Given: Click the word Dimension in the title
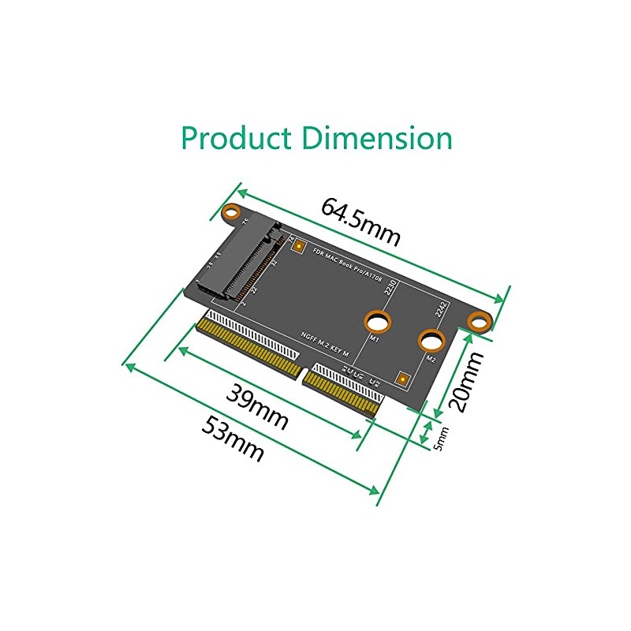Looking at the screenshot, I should (x=378, y=138).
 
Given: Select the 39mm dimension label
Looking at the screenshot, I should (x=257, y=406).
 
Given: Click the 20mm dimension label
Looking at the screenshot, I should (x=465, y=382).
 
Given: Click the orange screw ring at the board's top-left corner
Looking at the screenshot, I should (x=231, y=211).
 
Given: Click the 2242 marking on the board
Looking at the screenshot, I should (x=442, y=312).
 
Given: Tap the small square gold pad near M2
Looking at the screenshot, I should (x=403, y=379).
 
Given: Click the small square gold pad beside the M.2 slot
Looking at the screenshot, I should (x=299, y=246).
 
